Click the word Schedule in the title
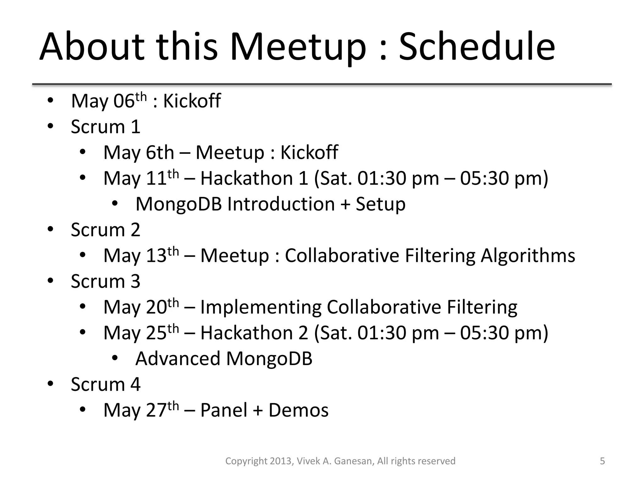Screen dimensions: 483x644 [x=477, y=47]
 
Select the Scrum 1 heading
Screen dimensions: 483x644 [x=105, y=127]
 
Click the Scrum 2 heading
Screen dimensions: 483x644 [x=105, y=230]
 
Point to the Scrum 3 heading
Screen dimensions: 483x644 [x=105, y=281]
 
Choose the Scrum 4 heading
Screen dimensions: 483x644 [x=105, y=384]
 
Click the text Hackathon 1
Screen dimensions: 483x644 [x=254, y=178]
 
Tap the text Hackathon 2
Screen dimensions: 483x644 [x=254, y=333]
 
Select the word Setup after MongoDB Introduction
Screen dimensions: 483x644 [x=380, y=204]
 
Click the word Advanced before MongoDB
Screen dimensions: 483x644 [x=178, y=358]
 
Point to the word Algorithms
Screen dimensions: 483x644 [x=528, y=256]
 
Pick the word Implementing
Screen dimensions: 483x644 [x=261, y=307]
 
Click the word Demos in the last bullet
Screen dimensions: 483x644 [x=298, y=410]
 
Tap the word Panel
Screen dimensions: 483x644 [x=224, y=410]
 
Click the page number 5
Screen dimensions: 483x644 [x=602, y=461]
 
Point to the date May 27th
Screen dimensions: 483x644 [x=141, y=410]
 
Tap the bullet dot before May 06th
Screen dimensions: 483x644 [x=50, y=101]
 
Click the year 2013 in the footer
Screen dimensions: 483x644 [x=282, y=461]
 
